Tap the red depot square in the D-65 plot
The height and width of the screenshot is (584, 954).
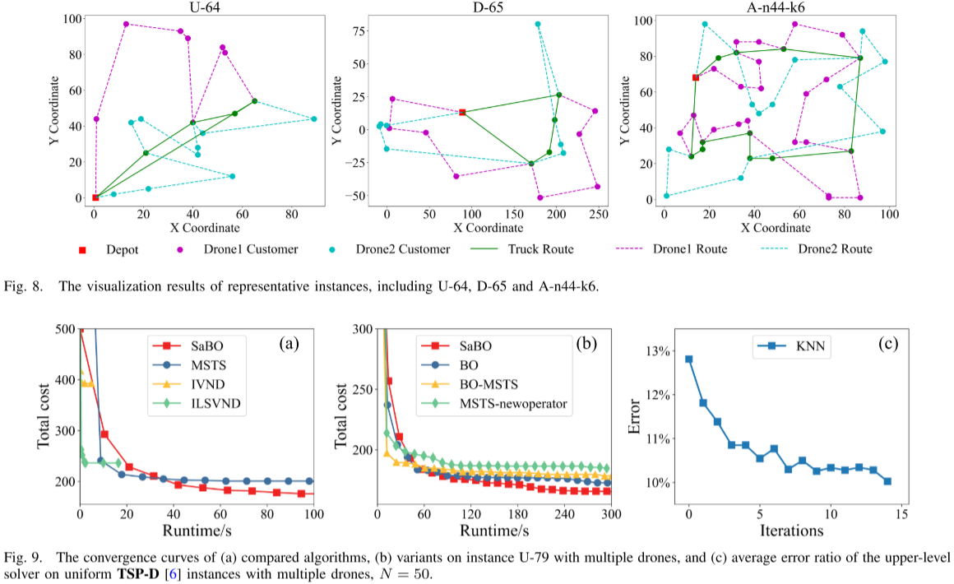(x=462, y=112)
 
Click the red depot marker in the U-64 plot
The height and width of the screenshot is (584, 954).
(x=95, y=197)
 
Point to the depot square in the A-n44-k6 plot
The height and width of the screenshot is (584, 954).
(x=696, y=77)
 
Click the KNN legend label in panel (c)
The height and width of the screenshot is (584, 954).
(x=803, y=348)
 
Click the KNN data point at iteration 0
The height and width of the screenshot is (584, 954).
(x=689, y=359)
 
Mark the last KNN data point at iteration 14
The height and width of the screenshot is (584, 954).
(x=887, y=481)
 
